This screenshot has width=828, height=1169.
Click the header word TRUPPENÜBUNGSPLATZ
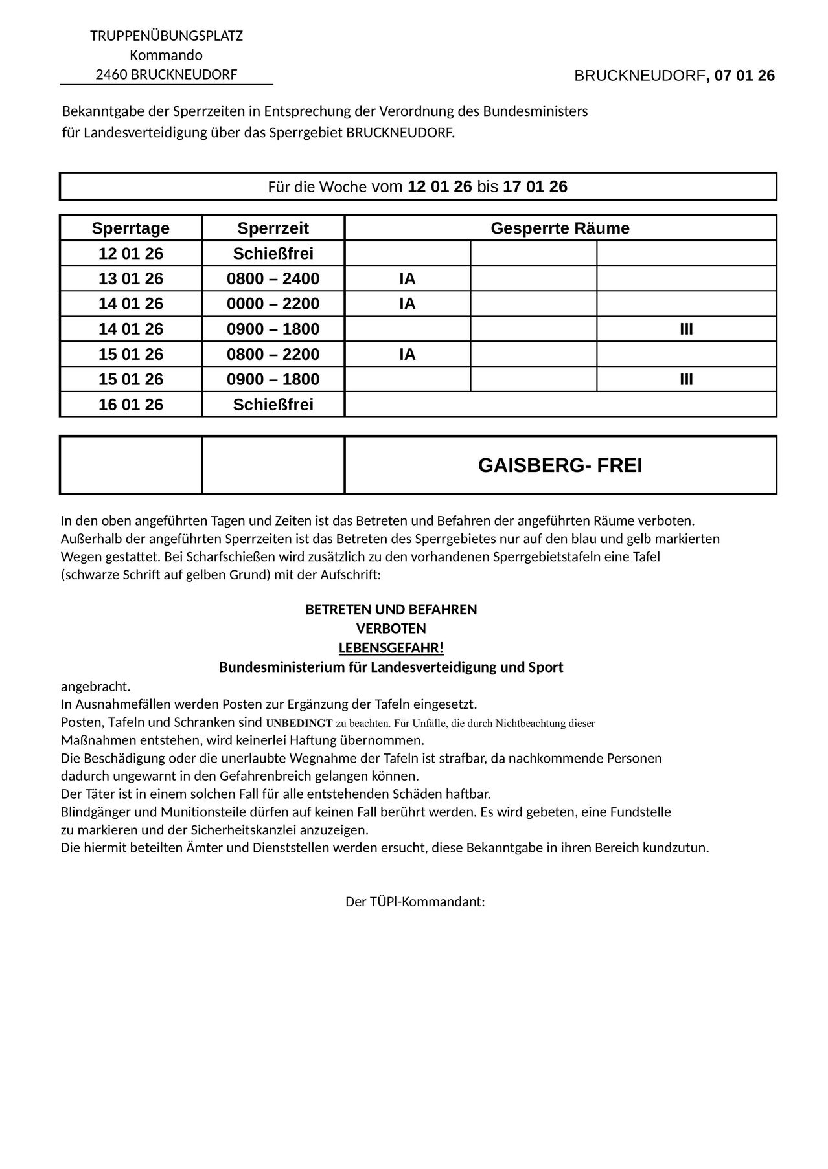pos(167,36)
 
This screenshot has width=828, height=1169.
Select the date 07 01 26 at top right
pos(744,76)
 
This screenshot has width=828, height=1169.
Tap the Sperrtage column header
pos(131,228)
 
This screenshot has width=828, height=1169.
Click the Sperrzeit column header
pos(273,228)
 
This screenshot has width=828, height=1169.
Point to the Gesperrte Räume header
pos(560,228)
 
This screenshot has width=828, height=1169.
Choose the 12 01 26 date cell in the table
pos(131,254)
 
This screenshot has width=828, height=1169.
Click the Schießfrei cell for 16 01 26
pos(273,405)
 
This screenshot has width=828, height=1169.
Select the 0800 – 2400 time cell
pos(273,279)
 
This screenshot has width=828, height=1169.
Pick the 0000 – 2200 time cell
pos(273,304)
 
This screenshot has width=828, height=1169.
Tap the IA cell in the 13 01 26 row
pos(407,279)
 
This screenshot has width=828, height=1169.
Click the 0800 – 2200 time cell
pos(273,355)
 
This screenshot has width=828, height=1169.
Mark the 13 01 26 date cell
pos(131,279)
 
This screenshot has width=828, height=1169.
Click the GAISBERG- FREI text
pos(560,465)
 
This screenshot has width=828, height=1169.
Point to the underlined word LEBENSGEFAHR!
pos(391,648)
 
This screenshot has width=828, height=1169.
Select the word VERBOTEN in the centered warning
pos(391,629)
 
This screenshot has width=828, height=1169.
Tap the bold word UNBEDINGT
pos(299,723)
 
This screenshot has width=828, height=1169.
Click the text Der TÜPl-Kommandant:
pos(415,902)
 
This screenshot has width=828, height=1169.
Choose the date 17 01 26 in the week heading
pos(535,187)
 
